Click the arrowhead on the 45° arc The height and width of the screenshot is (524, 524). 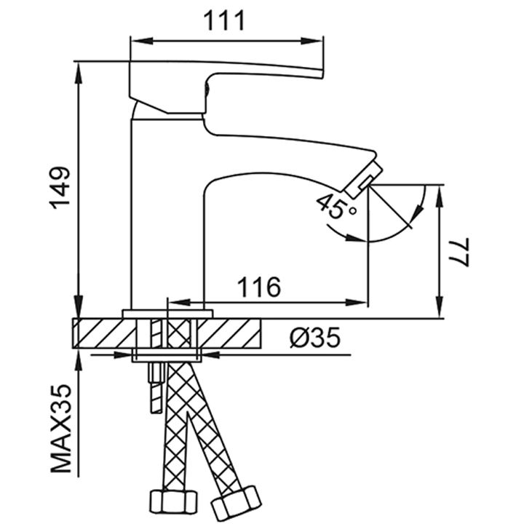click(x=417, y=212)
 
